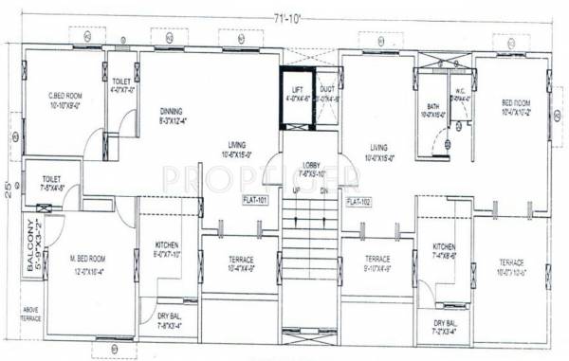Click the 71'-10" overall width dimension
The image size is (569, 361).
[287, 17]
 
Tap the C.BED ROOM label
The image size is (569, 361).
[66, 96]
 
